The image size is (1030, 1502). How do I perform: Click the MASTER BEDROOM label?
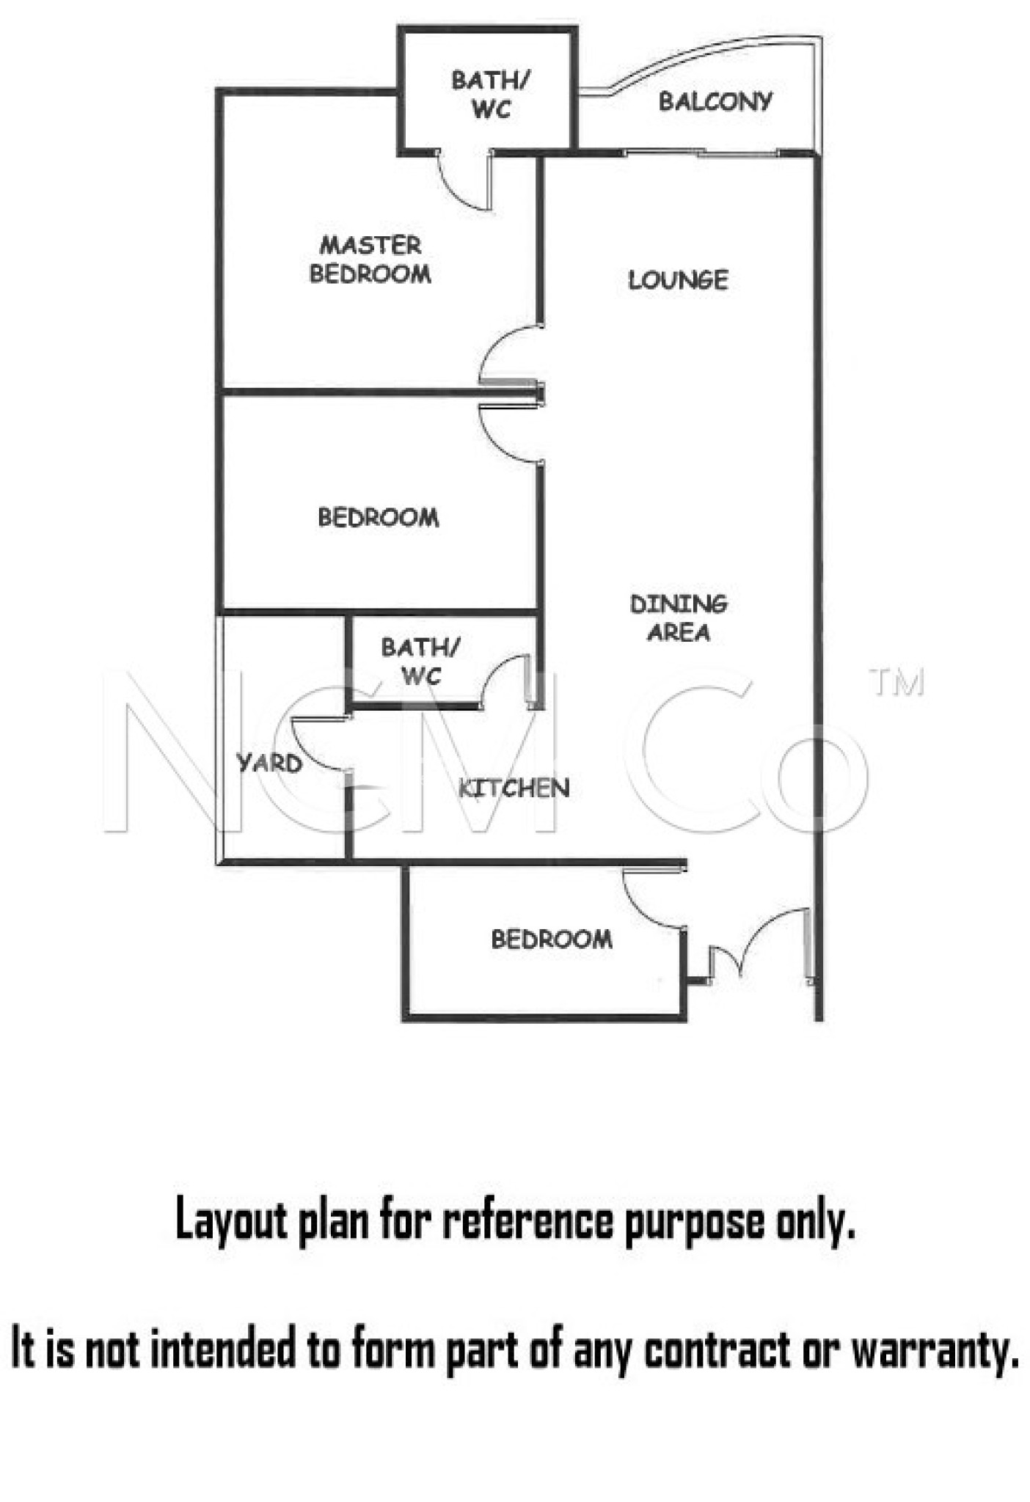pos(370,259)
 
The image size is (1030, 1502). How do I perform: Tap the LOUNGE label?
pos(678,279)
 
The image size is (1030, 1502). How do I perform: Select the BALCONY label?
pos(715,101)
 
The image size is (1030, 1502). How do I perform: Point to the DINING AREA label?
pos(679,618)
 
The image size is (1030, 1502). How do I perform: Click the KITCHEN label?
pos(514,788)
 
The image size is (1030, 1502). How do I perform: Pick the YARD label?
pos(270,763)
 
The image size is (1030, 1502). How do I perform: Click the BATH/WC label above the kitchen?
pos(421,661)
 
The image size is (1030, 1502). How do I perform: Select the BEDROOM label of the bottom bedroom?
pos(552,939)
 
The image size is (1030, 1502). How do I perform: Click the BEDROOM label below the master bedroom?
pos(379,517)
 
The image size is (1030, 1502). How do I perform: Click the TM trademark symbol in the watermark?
pos(896,681)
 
